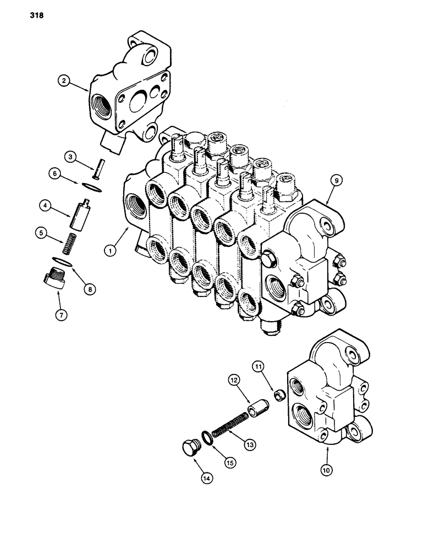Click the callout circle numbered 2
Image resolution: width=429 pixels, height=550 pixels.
(x=64, y=81)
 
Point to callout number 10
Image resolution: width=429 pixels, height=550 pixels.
(x=328, y=470)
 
